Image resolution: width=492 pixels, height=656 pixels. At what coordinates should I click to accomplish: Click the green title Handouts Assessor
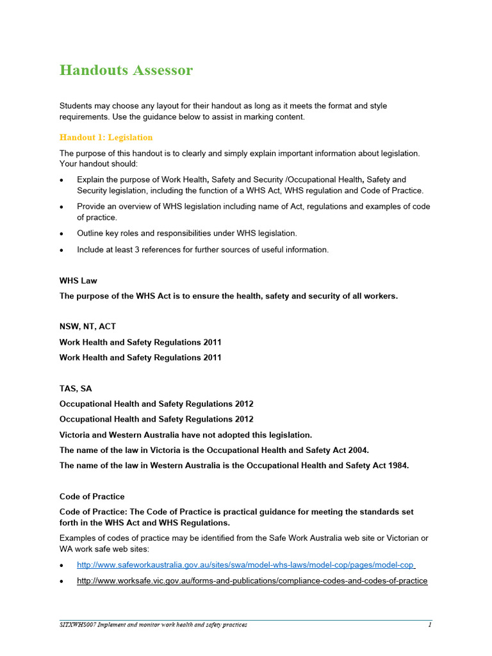click(x=126, y=70)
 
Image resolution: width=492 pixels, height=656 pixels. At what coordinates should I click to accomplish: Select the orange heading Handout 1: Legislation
click(x=106, y=137)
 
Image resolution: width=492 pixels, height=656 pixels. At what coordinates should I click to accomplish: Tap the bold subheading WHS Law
click(x=78, y=281)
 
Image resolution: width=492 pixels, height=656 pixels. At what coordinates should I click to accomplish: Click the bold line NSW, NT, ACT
click(x=88, y=327)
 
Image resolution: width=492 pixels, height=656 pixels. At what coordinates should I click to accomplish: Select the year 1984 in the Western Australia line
click(x=397, y=466)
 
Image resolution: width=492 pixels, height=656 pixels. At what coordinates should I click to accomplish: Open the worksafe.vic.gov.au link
click(x=252, y=581)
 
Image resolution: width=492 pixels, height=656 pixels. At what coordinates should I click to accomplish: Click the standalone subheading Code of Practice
click(x=92, y=496)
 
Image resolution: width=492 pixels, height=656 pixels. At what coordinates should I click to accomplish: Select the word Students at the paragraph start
click(x=77, y=106)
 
